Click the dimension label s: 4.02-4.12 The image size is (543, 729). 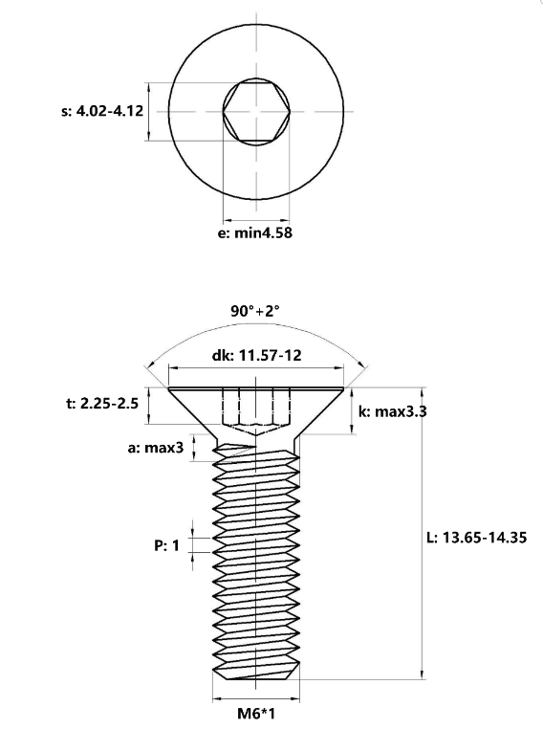(102, 111)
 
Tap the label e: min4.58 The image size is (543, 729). (255, 232)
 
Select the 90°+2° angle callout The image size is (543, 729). (255, 311)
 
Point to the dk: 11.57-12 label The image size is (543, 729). (256, 356)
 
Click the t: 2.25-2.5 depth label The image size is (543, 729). (102, 403)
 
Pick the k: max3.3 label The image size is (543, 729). (393, 411)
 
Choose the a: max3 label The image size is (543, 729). (156, 448)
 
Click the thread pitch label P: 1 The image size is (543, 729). (166, 545)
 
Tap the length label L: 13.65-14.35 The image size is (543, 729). (477, 538)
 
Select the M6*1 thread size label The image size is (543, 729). (256, 713)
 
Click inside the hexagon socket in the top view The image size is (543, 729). (256, 112)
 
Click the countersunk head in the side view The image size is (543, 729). (256, 409)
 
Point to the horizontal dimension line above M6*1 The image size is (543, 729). (256, 698)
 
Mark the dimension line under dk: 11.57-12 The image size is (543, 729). (256, 368)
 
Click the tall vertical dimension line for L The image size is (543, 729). (422, 533)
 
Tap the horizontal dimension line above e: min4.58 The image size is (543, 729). (256, 220)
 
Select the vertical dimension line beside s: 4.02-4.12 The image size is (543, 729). (148, 112)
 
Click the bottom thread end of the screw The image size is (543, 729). (256, 674)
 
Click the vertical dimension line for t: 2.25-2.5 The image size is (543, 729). (148, 406)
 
